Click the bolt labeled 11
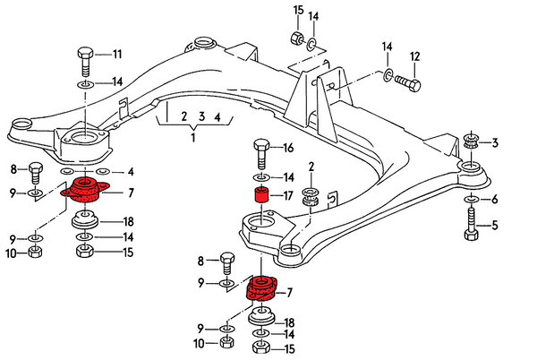coord(83,60)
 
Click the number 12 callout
coord(414,57)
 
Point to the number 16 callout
coord(288,147)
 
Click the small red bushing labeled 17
coord(261,196)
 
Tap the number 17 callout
coord(288,196)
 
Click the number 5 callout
coord(493,226)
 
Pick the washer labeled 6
coord(472,199)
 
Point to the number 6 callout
coord(493,199)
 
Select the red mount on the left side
coord(84,191)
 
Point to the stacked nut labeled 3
coord(471,143)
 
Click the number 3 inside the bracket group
coord(202,116)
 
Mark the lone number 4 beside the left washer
coord(130,171)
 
